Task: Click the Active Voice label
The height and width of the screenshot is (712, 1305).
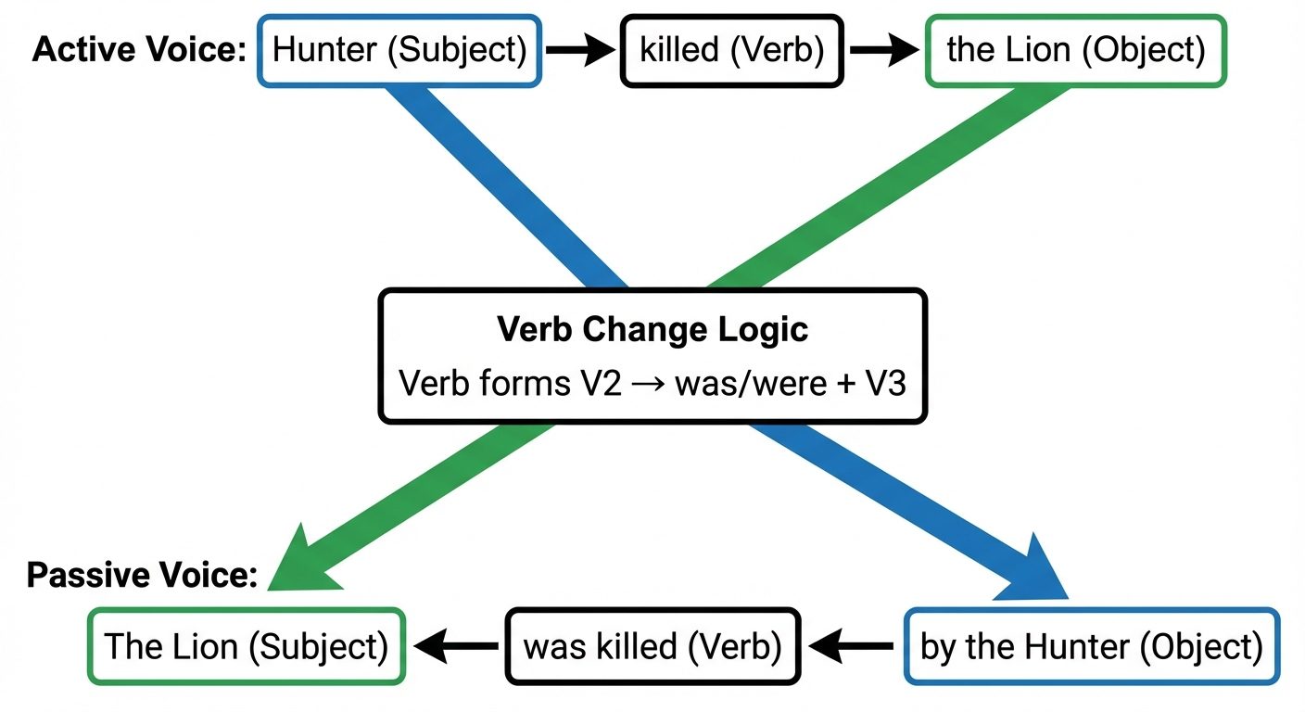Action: point(139,50)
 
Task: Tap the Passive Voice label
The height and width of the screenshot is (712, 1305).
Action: point(142,575)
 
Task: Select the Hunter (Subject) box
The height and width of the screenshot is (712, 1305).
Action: point(399,51)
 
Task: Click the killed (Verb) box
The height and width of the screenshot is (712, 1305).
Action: point(731,51)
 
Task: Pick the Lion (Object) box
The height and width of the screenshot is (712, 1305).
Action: point(1075,51)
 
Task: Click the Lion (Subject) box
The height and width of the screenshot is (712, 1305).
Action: point(246,646)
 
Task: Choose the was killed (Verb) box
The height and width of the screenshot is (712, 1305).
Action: point(652,646)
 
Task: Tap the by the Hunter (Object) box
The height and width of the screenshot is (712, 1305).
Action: point(1091,646)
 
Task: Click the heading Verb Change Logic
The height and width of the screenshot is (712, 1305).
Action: point(652,329)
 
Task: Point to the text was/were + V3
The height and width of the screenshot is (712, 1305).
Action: point(789,383)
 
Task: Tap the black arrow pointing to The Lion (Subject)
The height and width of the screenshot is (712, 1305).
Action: point(454,646)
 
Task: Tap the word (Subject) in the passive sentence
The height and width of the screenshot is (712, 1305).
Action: point(318,646)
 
